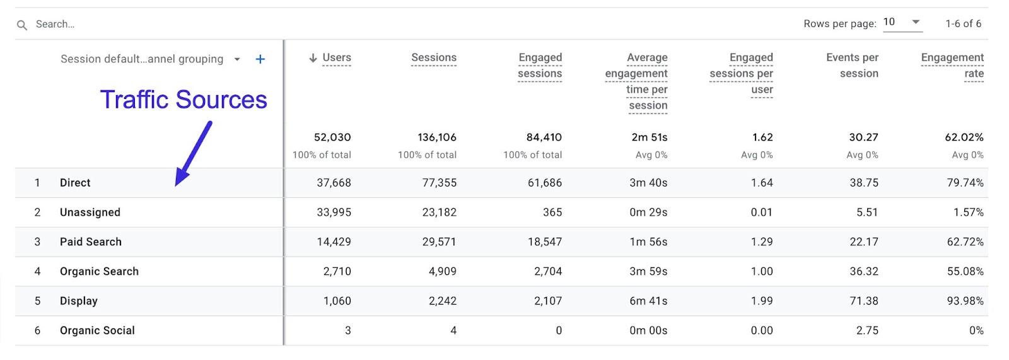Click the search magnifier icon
pos(22,25)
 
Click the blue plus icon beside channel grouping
pos(260,59)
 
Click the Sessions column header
pos(433,57)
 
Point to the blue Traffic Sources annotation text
pos(184,100)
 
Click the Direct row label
pos(75,183)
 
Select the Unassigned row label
pos(90,212)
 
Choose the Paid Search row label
pos(90,242)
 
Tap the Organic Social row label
pos(97,330)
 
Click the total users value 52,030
pos(332,137)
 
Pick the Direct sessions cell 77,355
pos(439,183)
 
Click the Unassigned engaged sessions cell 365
pos(552,212)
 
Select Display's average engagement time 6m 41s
pos(648,301)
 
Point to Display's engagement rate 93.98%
pos(965,301)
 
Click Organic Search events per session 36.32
pos(863,271)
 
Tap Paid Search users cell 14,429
pos(334,242)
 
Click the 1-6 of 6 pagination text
pos(963,23)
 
